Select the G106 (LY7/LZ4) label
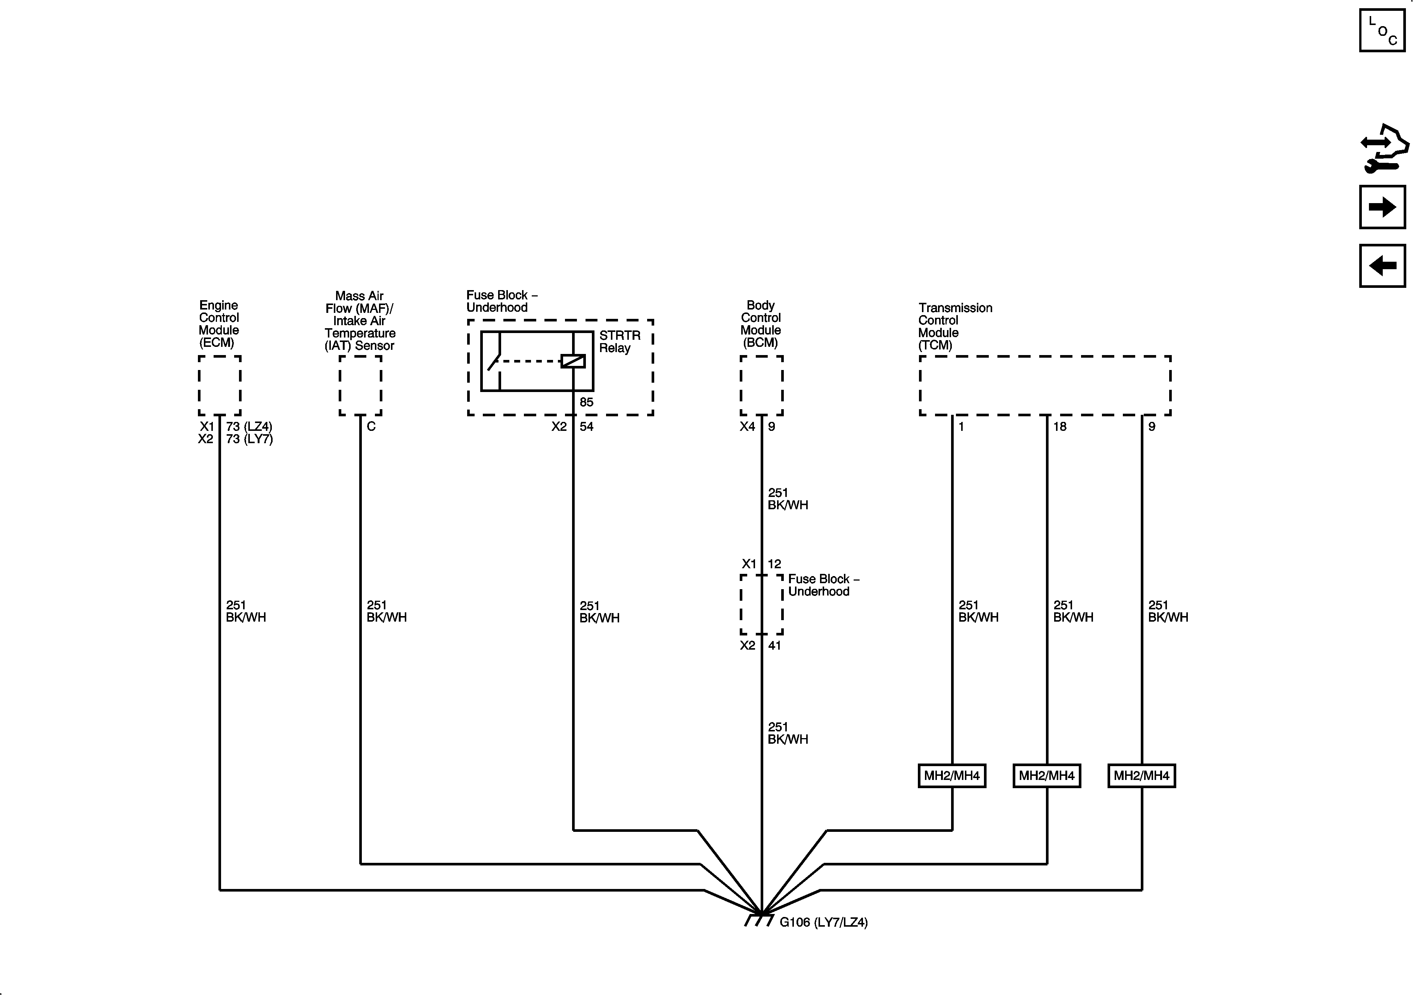[x=823, y=923]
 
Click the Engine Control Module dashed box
[x=219, y=385]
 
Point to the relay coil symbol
[x=572, y=361]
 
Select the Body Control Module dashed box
[x=761, y=385]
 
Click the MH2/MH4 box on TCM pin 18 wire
[x=1046, y=775]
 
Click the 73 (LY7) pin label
[x=249, y=439]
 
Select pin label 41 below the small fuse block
[x=774, y=646]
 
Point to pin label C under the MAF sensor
[x=371, y=426]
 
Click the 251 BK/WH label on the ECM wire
[x=246, y=611]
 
